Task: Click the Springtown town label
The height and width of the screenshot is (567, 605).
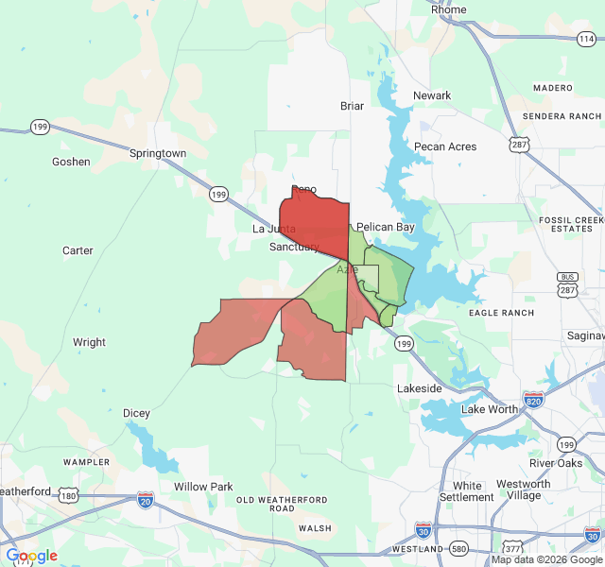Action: tap(157, 153)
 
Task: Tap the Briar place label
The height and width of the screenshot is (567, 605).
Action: tap(352, 106)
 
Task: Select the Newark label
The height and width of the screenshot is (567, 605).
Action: tap(432, 95)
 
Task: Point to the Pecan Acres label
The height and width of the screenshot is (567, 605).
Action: tap(444, 146)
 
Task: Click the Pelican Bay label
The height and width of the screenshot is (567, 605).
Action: tap(385, 228)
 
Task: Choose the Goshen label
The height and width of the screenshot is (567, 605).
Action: tap(71, 162)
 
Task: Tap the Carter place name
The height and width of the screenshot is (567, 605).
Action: tap(78, 250)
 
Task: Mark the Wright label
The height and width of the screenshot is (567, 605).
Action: tap(89, 342)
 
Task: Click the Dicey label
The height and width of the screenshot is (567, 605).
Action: tap(136, 413)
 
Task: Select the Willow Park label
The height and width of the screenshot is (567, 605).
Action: tap(203, 487)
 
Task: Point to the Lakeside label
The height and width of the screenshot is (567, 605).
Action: tap(420, 388)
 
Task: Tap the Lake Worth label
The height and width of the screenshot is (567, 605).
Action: tap(490, 409)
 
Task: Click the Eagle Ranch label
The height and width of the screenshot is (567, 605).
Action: tap(500, 313)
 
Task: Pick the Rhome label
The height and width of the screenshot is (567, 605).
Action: tap(449, 9)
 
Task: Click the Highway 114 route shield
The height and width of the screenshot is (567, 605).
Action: tap(586, 39)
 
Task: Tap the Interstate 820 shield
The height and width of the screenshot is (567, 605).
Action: tap(533, 400)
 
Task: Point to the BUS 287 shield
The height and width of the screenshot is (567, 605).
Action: tap(567, 282)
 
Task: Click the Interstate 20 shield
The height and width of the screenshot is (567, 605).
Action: tap(146, 497)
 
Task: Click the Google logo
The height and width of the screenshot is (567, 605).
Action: tap(31, 556)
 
